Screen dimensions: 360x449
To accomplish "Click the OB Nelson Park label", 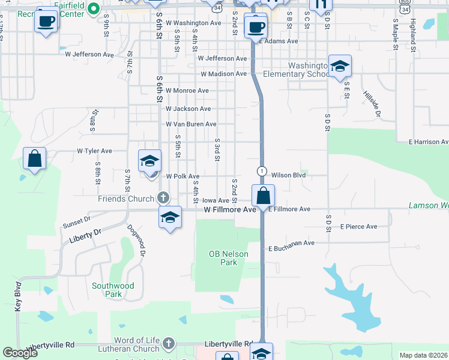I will point(228,258).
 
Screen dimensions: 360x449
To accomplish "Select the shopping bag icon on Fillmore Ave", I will point(263,196).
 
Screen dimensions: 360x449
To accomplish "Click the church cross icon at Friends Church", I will point(163,198).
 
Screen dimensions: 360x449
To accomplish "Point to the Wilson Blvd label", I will point(289,175).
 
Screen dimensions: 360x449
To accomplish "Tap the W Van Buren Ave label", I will point(191,124).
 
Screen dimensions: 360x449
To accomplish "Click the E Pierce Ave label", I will point(358,227).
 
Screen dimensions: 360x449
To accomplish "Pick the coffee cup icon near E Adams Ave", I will point(256,26).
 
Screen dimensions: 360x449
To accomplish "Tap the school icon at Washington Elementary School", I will point(339,67).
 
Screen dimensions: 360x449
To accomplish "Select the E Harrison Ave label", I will point(428,142).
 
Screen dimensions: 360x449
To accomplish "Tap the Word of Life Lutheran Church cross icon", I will point(169,344).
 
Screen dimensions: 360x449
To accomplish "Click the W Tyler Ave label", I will point(94,151).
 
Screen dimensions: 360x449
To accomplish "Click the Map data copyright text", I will point(423,355).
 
